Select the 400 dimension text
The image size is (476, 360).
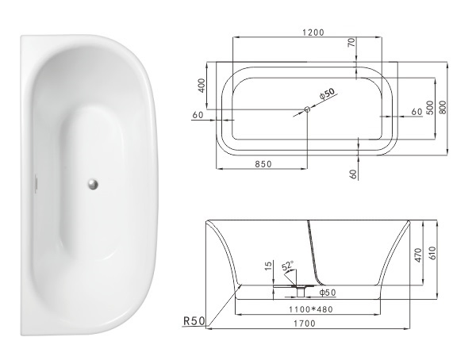pyautogui.click(x=202, y=85)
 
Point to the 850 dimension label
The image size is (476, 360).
pyautogui.click(x=263, y=164)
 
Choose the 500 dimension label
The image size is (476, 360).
pyautogui.click(x=428, y=107)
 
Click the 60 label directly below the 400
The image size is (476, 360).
pyautogui.click(x=198, y=116)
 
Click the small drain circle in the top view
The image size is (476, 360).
pyautogui.click(x=306, y=109)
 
